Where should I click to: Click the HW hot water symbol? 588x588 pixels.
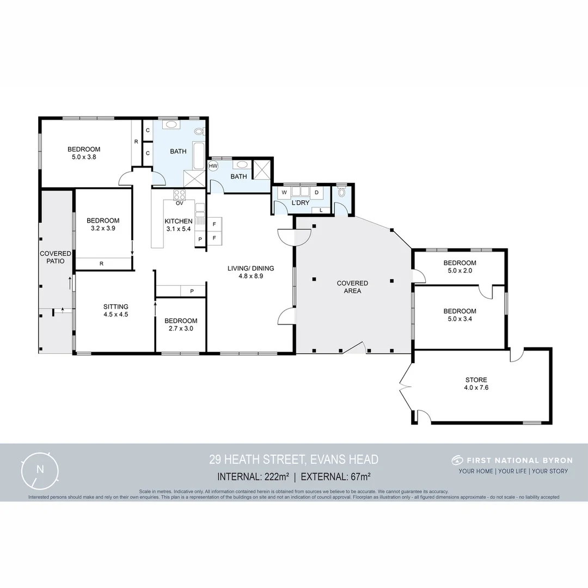[x=213, y=166]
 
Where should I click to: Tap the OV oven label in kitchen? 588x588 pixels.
[x=179, y=204]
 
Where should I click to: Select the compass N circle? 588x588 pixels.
[x=39, y=469]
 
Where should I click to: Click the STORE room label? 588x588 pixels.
[x=476, y=380]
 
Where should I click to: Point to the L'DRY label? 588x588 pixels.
[x=301, y=203]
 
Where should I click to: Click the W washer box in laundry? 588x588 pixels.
[x=284, y=192]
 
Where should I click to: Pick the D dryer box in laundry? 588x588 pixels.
[x=316, y=192]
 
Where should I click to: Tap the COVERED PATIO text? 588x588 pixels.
[x=56, y=258]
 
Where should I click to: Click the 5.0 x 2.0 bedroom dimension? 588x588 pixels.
[x=460, y=271]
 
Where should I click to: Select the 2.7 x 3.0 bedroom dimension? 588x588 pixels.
[x=181, y=329]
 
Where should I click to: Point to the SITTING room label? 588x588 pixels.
[x=115, y=307]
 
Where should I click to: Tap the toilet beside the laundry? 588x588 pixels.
[x=341, y=192]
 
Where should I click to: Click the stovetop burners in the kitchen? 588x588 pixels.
[x=180, y=194]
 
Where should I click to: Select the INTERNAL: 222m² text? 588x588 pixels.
[x=253, y=477]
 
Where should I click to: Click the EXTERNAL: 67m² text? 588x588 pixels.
[x=335, y=477]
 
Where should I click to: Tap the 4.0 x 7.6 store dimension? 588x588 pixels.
[x=476, y=388]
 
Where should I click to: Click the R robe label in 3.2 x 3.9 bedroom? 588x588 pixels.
[x=102, y=264]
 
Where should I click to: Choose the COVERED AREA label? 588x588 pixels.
[x=352, y=287]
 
